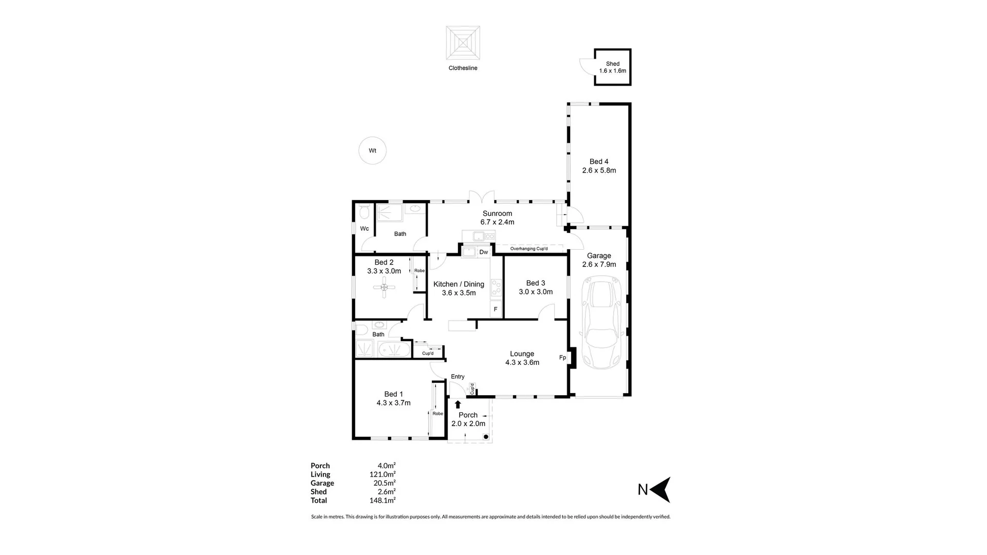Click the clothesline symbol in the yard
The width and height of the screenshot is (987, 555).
pos(463,43)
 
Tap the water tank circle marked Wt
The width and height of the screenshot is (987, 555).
pos(372,151)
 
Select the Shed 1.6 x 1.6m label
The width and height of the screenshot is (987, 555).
pos(612,67)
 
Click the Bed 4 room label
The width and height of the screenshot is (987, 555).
pos(599,165)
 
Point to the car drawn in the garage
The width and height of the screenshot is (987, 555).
pos(601,323)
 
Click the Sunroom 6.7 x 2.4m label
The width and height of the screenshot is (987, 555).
pos(497,218)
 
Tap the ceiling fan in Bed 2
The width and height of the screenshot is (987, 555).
pos(384,287)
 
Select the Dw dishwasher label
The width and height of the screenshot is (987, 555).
pos(483,252)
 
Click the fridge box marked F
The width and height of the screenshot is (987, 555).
pos(496,309)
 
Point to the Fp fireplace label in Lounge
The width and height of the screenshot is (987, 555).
pos(562,358)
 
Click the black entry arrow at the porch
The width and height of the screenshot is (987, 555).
pos(458,404)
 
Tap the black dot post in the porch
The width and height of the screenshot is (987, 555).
pos(486,437)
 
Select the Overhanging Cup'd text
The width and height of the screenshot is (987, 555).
pos(528,249)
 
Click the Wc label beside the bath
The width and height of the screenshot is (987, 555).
pos(364,229)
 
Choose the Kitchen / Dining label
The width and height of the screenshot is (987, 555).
pos(459,288)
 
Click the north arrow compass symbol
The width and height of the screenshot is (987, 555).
pos(661,490)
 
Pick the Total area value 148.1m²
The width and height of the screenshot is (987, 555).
pos(386,500)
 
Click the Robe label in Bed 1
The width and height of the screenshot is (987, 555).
pos(437,413)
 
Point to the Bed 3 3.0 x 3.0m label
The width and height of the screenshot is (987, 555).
pos(535,287)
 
